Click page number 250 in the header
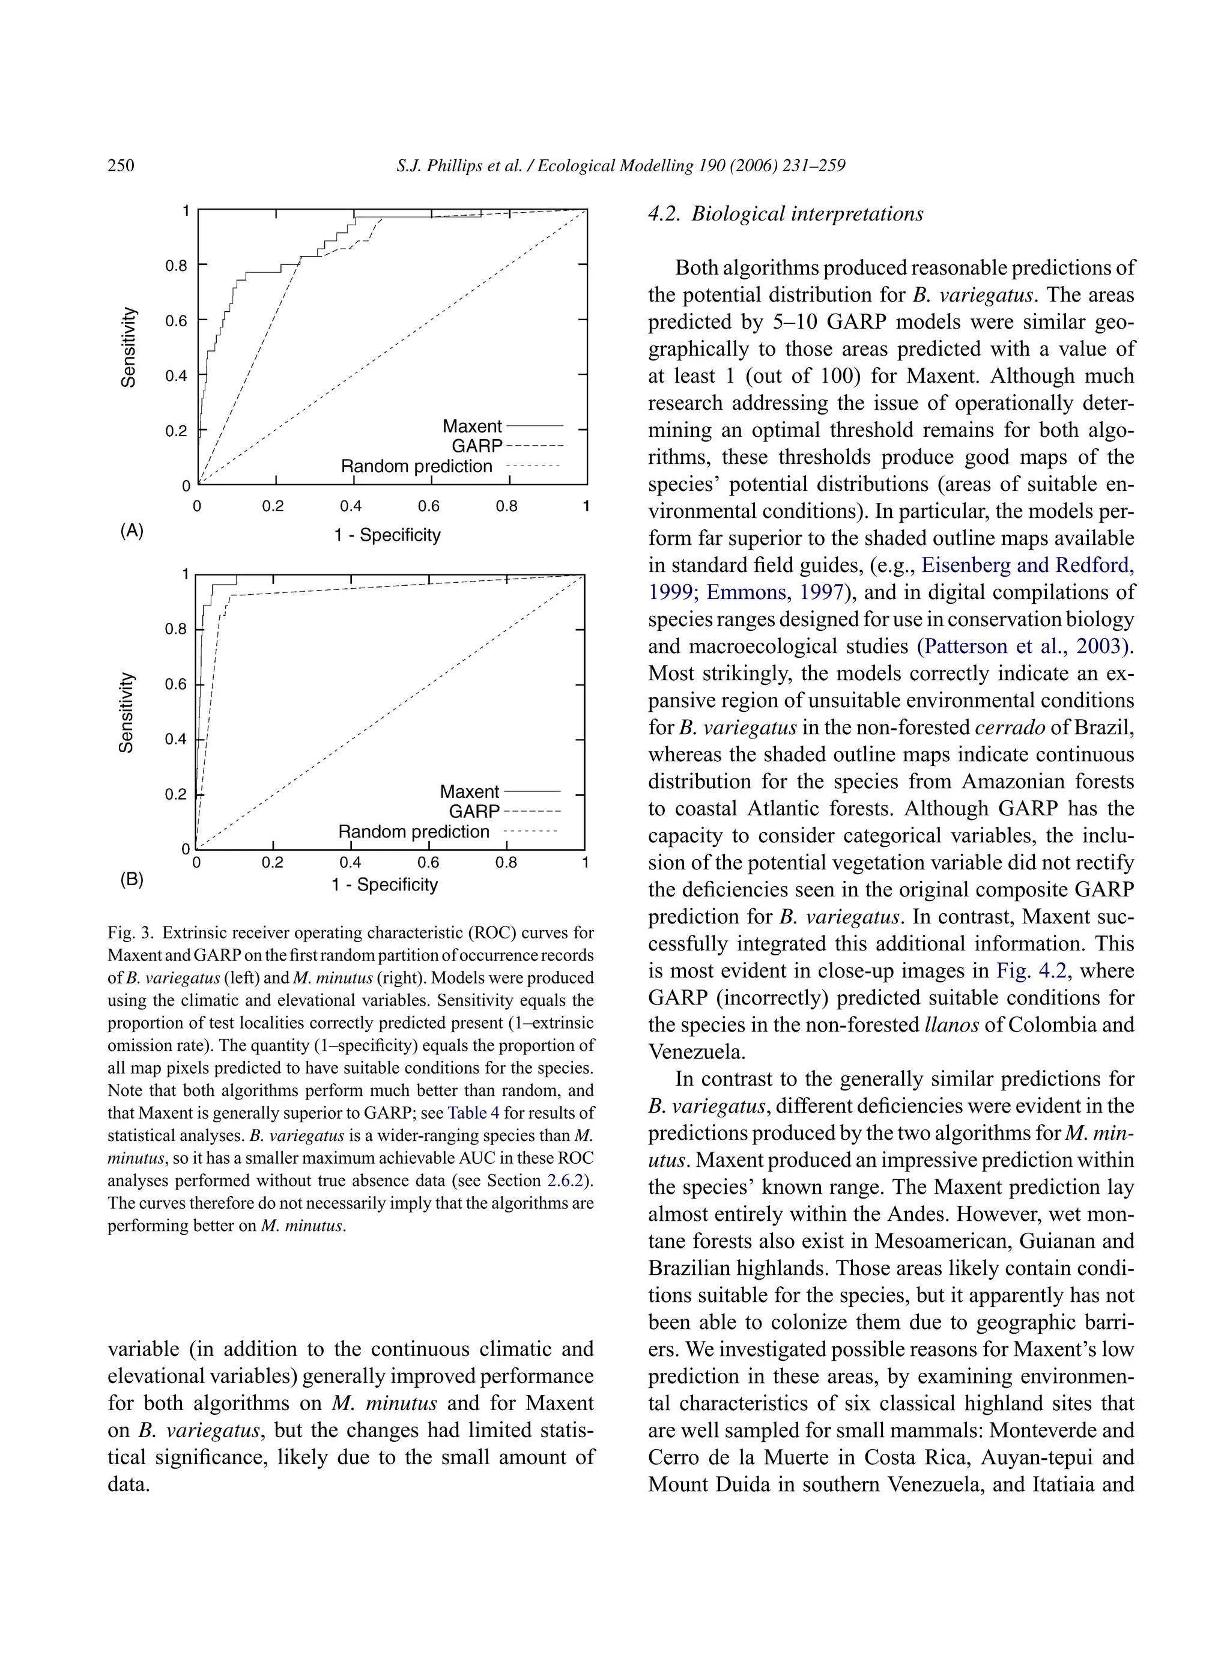click(x=121, y=165)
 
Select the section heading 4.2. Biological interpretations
click(x=785, y=214)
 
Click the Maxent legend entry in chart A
click(x=472, y=426)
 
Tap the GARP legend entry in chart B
click(x=473, y=811)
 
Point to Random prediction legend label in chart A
click(x=416, y=466)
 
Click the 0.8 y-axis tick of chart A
click(x=176, y=265)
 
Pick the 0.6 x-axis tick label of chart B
click(x=428, y=863)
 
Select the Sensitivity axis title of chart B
click(x=127, y=712)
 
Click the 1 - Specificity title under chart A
click(x=387, y=535)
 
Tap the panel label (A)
click(x=132, y=530)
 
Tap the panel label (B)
click(x=132, y=879)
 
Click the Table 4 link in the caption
click(x=473, y=1113)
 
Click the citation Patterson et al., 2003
click(x=1025, y=646)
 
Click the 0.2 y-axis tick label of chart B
click(x=176, y=795)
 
